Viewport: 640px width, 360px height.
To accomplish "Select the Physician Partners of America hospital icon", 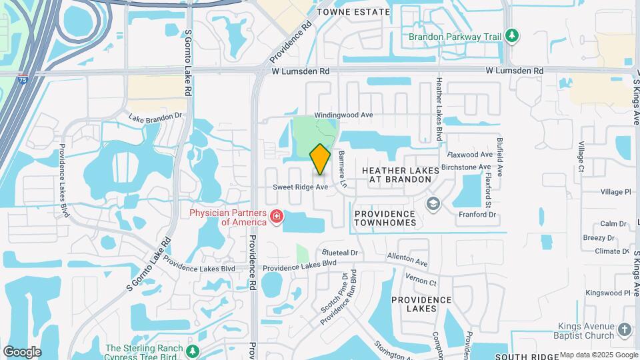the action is (275, 217).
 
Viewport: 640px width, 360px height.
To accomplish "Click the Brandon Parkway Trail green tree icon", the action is (512, 35).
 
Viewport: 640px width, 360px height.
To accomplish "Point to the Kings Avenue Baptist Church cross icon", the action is (624, 330).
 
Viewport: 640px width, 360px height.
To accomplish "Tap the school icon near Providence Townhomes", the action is (433, 203).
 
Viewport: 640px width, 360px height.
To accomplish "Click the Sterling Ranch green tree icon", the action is (193, 351).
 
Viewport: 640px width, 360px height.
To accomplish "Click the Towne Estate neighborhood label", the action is (353, 12).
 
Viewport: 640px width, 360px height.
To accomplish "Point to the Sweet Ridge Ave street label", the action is (301, 187).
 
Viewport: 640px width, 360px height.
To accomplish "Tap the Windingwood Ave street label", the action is (343, 115).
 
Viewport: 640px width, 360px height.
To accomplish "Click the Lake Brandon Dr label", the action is (155, 116).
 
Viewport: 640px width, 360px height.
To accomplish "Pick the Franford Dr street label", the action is (477, 215).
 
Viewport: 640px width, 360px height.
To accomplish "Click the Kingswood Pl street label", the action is (607, 293).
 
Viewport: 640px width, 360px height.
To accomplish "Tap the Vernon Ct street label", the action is (423, 283).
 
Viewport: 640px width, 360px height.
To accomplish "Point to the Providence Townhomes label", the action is (385, 218).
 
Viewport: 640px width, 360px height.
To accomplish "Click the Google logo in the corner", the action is (22, 352).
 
